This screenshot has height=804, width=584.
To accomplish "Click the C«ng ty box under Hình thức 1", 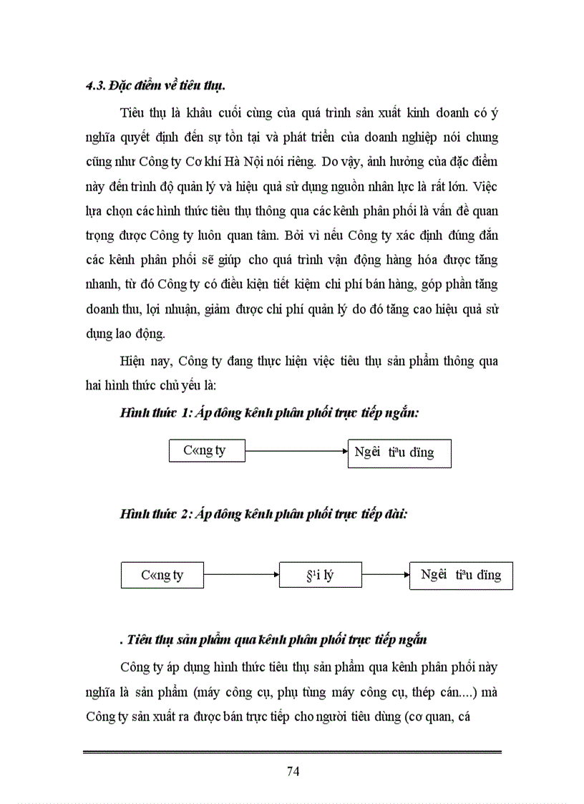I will (207, 451).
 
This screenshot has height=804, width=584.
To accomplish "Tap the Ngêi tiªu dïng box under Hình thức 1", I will (399, 453).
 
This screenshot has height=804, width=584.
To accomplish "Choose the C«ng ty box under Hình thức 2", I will (162, 575).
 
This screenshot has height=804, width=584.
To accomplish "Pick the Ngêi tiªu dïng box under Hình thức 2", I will (461, 575).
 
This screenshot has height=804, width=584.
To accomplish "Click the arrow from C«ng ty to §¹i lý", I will (240, 574).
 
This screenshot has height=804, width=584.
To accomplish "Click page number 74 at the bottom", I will (292, 770).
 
